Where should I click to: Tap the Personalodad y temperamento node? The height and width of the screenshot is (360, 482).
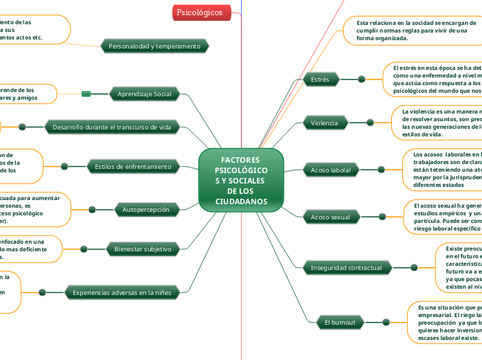click(154, 46)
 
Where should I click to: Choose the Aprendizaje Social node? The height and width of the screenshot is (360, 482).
click(145, 94)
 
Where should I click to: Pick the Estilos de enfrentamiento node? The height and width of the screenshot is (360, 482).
click(132, 166)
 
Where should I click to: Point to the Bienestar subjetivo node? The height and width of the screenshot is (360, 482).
click(143, 248)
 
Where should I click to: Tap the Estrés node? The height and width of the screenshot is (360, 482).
click(320, 80)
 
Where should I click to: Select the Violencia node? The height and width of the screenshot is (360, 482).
click(324, 123)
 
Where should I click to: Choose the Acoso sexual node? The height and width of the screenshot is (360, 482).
click(330, 217)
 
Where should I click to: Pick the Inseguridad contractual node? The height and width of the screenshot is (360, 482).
click(346, 267)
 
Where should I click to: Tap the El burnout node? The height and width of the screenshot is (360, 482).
click(340, 322)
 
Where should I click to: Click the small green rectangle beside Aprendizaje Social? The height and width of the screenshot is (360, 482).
click(87, 94)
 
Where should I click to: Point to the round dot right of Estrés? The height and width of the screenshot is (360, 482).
click(361, 80)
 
